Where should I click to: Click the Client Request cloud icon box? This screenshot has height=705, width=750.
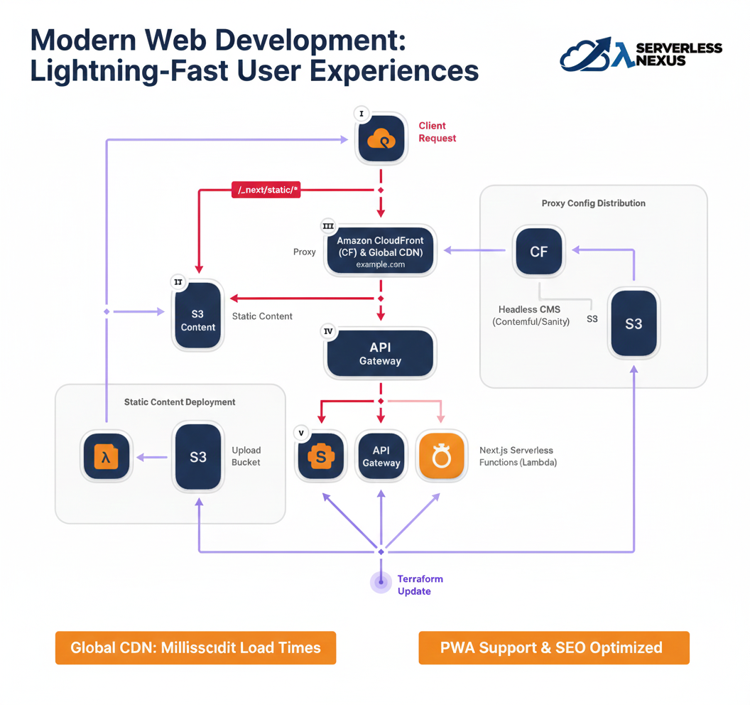(x=381, y=139)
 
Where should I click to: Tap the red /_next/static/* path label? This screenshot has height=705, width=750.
(x=266, y=189)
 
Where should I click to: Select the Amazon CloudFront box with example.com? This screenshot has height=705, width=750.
(x=380, y=252)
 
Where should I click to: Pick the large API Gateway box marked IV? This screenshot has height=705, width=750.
(x=380, y=353)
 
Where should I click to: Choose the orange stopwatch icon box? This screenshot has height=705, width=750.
(x=441, y=456)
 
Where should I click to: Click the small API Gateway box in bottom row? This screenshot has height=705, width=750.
(x=381, y=456)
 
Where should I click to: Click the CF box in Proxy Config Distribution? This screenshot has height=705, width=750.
(x=538, y=252)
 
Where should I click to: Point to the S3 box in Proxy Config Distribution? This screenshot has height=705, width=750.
(x=634, y=323)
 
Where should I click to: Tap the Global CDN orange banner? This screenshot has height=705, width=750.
(x=195, y=647)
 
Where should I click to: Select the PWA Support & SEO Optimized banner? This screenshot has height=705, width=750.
(x=553, y=647)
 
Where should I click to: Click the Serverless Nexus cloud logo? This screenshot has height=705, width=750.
(x=585, y=55)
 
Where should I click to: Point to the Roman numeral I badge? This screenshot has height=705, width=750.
(x=362, y=114)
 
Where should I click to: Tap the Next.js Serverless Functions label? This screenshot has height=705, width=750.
(x=518, y=456)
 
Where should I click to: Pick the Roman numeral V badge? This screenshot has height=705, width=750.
(x=302, y=433)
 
